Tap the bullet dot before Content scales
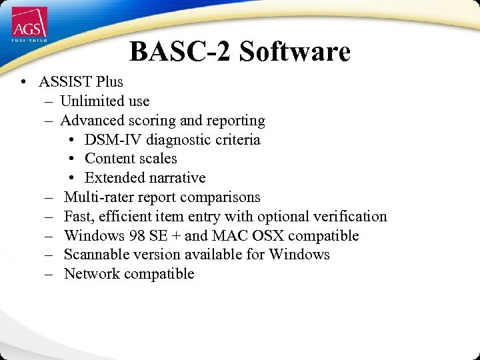(72, 159)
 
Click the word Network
(91, 274)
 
